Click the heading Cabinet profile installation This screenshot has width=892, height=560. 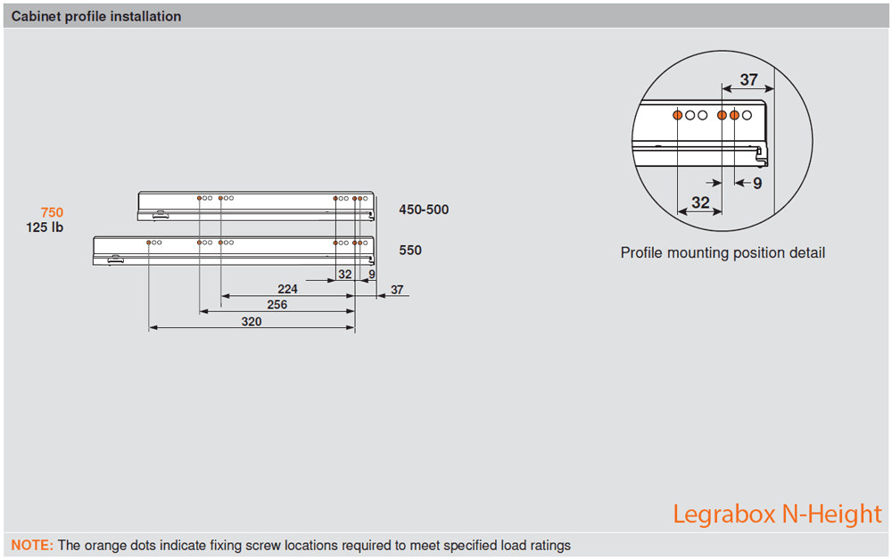[96, 16]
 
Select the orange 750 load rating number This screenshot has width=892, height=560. [52, 212]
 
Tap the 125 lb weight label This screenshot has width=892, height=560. [45, 227]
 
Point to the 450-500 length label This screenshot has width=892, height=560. [424, 210]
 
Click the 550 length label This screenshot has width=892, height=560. [410, 251]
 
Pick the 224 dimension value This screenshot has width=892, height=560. [287, 289]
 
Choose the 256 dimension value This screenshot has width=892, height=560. [277, 304]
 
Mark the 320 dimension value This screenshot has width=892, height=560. [252, 321]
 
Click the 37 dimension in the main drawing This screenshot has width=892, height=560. [397, 290]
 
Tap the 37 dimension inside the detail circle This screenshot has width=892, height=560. [749, 80]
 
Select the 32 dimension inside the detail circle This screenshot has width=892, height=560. [700, 203]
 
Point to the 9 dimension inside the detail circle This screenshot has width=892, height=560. [757, 184]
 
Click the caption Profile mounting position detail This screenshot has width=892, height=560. [723, 253]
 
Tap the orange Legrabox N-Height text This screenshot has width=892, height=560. [777, 515]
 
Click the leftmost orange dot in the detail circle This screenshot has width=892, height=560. [678, 115]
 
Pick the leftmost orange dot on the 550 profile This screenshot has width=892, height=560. [149, 243]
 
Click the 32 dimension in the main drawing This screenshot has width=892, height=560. [345, 275]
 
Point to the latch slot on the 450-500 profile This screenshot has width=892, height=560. [160, 215]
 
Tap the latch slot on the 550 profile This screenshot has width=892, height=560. [115, 259]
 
